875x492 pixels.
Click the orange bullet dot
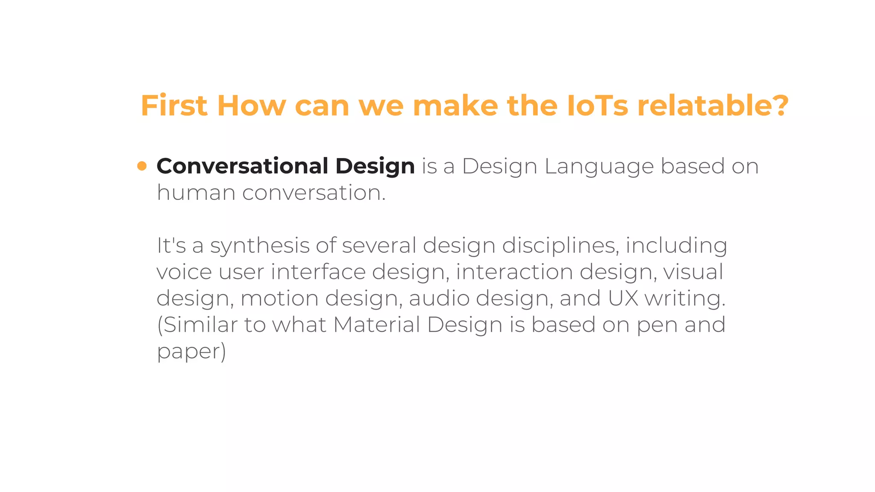pyautogui.click(x=142, y=166)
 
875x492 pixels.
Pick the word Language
pyautogui.click(x=599, y=167)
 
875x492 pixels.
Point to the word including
pyautogui.click(x=676, y=246)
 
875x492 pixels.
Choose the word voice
pyautogui.click(x=184, y=272)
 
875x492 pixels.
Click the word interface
pyautogui.click(x=318, y=272)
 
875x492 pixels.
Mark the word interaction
pyautogui.click(x=514, y=272)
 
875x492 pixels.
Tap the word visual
pyautogui.click(x=693, y=272)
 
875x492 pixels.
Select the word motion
pyautogui.click(x=279, y=298)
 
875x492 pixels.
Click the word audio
pyautogui.click(x=439, y=298)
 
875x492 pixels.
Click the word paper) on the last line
pyautogui.click(x=191, y=351)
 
